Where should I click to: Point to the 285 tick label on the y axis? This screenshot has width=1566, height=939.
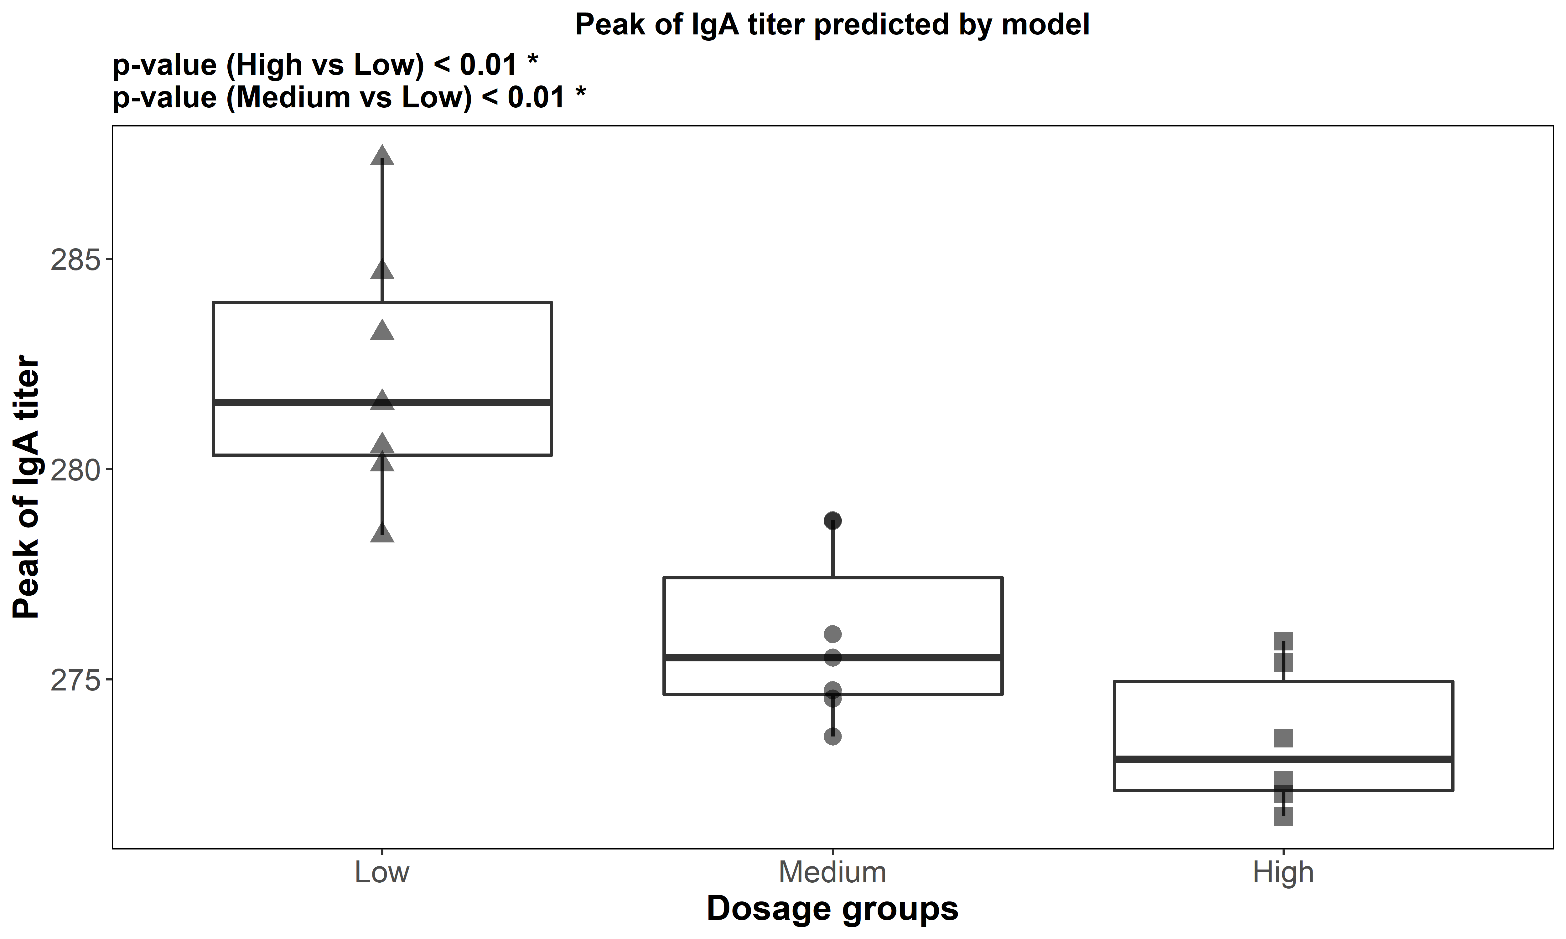click(75, 260)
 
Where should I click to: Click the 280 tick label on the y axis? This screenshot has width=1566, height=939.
click(75, 470)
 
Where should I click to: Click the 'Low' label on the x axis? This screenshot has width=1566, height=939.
click(382, 873)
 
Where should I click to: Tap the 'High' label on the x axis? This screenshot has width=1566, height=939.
click(1283, 873)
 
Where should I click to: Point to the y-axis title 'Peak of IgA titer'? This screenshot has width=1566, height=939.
click(27, 487)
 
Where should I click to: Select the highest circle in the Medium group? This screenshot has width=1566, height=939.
click(832, 521)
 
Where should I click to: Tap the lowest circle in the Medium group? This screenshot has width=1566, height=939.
click(832, 736)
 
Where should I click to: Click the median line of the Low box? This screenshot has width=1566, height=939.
click(285, 403)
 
